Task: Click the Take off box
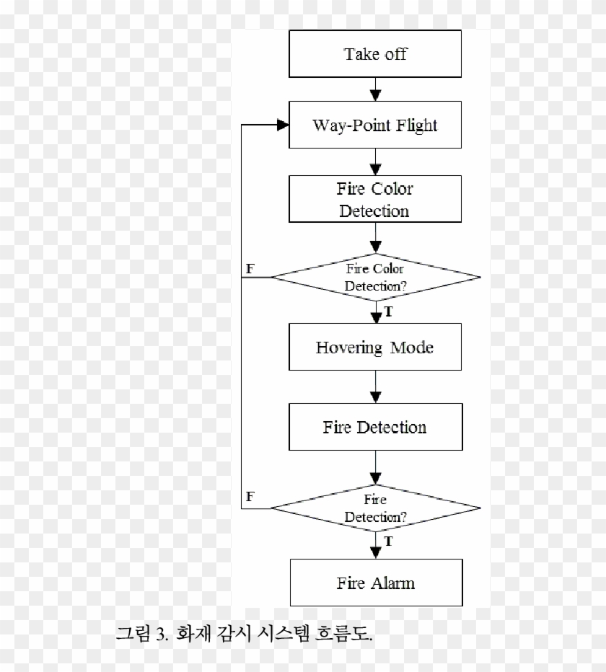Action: click(x=375, y=54)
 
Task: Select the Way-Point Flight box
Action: click(x=375, y=125)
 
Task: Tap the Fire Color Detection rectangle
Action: click(x=375, y=200)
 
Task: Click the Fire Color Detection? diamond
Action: click(x=375, y=278)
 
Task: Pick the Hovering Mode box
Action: click(x=375, y=348)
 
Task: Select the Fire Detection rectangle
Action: click(x=375, y=427)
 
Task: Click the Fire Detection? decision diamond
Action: click(x=375, y=508)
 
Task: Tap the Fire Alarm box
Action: click(x=375, y=582)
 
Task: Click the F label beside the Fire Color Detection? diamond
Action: click(x=250, y=268)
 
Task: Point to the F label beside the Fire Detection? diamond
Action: click(x=250, y=497)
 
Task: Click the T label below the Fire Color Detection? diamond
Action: click(x=389, y=311)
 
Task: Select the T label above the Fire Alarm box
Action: click(x=389, y=541)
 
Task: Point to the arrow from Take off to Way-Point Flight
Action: click(x=375, y=89)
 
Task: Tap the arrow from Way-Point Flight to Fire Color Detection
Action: click(x=375, y=162)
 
